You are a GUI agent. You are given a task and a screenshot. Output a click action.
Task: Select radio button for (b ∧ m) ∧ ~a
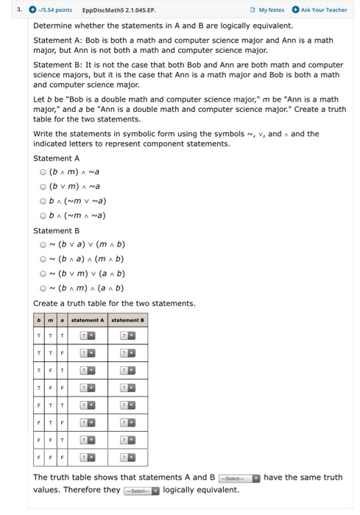[43, 171]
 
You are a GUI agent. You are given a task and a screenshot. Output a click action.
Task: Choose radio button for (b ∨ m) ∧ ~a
[43, 186]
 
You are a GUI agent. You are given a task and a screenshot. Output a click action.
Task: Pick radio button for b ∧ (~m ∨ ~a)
[43, 201]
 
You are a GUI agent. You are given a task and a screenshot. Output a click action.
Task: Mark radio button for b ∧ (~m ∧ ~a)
[43, 216]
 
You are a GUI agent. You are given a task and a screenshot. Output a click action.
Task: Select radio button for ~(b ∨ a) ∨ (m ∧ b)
[43, 244]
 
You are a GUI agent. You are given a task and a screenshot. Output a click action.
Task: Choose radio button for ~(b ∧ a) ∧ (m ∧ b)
[43, 259]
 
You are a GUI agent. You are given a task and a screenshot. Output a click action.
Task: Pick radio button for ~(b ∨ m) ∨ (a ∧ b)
[43, 274]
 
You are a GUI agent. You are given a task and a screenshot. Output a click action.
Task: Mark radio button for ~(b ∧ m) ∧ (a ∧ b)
[43, 288]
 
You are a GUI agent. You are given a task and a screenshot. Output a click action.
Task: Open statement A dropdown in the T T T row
[88, 336]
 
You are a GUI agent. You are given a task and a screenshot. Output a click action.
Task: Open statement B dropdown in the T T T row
[128, 336]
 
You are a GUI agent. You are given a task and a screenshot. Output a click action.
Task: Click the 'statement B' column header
[128, 320]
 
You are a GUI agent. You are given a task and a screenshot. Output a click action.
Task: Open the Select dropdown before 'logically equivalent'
[142, 491]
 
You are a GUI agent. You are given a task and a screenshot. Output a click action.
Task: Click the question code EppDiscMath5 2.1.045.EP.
[118, 10]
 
